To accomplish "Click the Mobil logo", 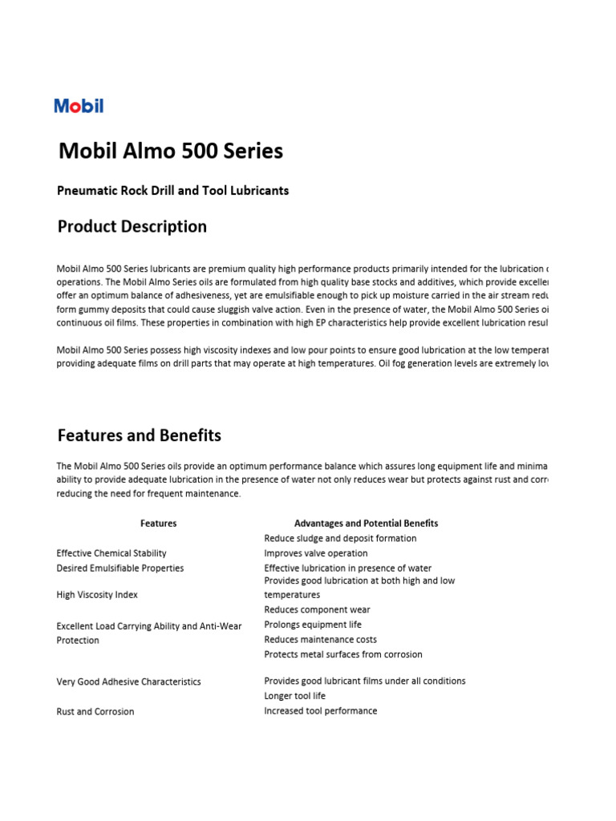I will [79, 106].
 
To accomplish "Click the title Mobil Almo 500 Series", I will [171, 151].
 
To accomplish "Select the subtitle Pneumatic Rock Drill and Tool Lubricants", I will [172, 191].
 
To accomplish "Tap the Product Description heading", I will [132, 227].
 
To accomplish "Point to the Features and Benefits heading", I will [140, 436].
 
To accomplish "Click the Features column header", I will [158, 524].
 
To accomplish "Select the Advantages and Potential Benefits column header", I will [366, 524].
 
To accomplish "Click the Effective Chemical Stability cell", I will [111, 553].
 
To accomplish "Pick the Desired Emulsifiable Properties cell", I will [120, 568].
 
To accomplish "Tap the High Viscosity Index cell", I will [97, 595].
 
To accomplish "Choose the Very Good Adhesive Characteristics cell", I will [128, 682].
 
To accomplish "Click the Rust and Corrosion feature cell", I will [95, 712].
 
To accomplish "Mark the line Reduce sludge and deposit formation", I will [340, 539].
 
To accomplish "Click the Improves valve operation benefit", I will [316, 553].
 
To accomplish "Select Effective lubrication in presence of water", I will [347, 568].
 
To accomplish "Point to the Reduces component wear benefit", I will [318, 610].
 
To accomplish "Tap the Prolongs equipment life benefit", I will [313, 625].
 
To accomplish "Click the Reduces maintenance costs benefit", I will [320, 640].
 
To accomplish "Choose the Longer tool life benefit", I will [295, 696].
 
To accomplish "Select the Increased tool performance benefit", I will [320, 711].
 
